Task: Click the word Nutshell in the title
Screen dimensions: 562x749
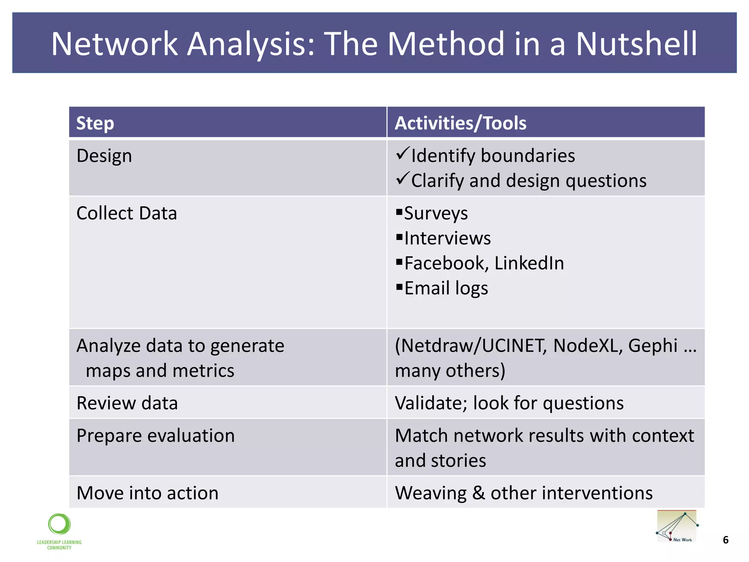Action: point(636,44)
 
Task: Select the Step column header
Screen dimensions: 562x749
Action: point(95,123)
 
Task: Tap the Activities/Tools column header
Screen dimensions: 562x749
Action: point(460,123)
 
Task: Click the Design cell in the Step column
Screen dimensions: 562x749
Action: point(104,156)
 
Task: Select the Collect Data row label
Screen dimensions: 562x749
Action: point(127,213)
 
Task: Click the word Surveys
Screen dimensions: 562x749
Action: point(436,213)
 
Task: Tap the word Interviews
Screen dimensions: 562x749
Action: point(447,238)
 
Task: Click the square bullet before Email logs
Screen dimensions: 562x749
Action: point(399,286)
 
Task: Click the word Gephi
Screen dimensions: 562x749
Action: point(653,346)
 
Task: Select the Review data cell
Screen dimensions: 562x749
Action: point(127,403)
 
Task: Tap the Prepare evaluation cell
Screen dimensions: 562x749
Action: point(155,436)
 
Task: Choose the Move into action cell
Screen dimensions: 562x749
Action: point(147,493)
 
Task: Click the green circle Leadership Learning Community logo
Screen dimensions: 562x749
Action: point(59,524)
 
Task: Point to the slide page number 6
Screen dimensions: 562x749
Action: point(726,540)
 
